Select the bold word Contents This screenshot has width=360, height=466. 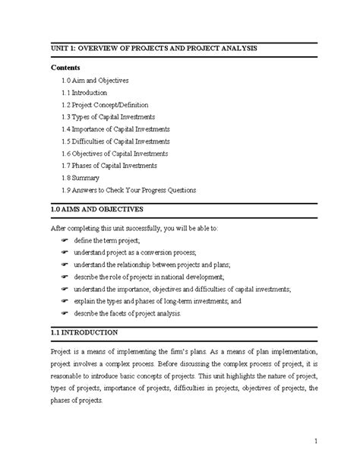[65, 67]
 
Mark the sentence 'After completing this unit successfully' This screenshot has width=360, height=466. [144, 227]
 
